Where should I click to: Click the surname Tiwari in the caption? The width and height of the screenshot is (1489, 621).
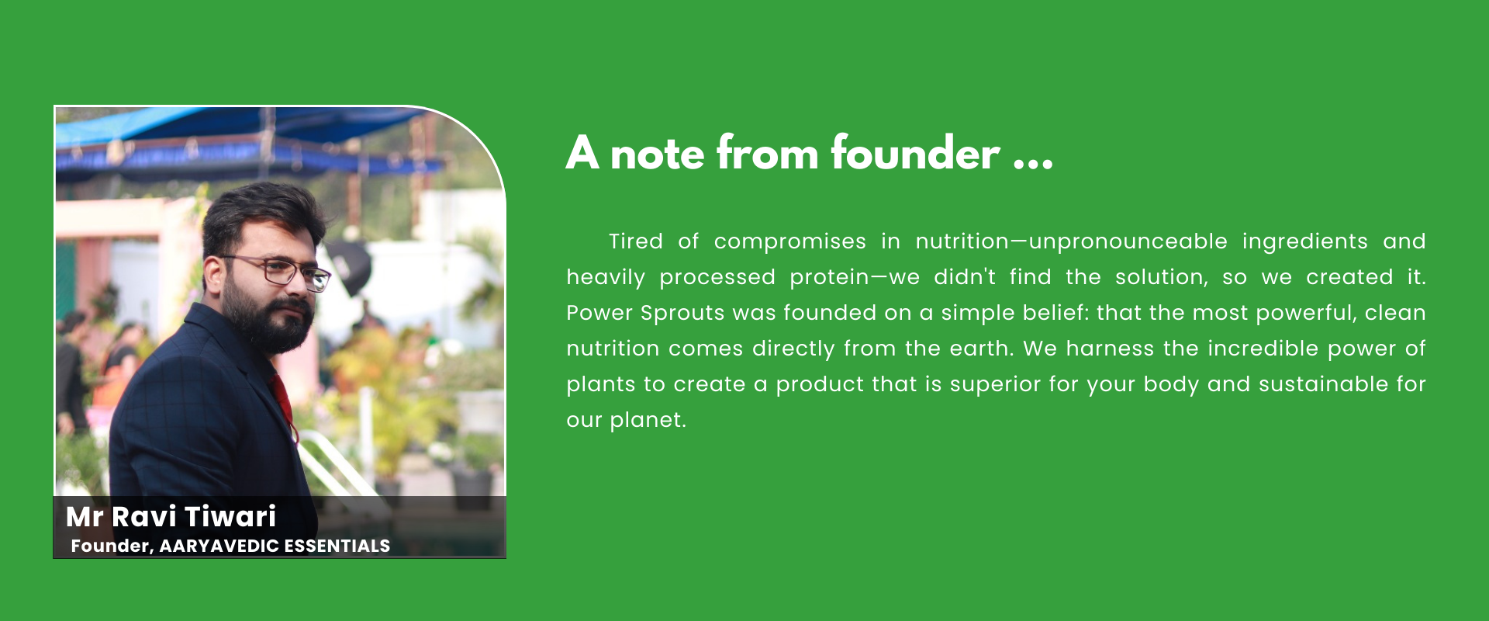(x=230, y=516)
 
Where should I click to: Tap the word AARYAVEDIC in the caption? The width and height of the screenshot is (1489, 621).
(x=219, y=546)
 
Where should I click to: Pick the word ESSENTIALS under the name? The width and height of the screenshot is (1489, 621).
(x=337, y=546)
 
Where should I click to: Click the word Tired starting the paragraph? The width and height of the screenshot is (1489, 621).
(x=636, y=241)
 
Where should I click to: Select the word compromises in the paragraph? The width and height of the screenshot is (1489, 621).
(x=789, y=242)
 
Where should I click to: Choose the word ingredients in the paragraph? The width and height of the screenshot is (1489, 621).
(x=1304, y=242)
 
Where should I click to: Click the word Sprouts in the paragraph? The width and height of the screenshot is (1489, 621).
(x=672, y=313)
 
